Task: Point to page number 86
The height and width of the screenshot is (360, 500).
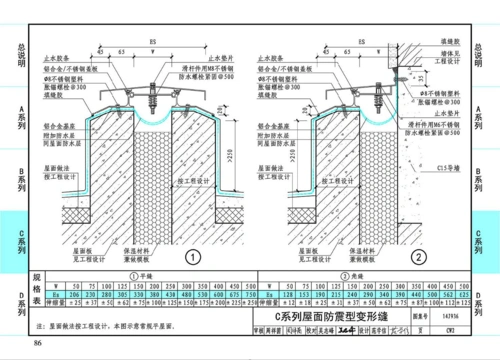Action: tap(38, 344)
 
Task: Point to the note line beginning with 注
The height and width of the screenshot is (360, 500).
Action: tap(115, 326)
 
